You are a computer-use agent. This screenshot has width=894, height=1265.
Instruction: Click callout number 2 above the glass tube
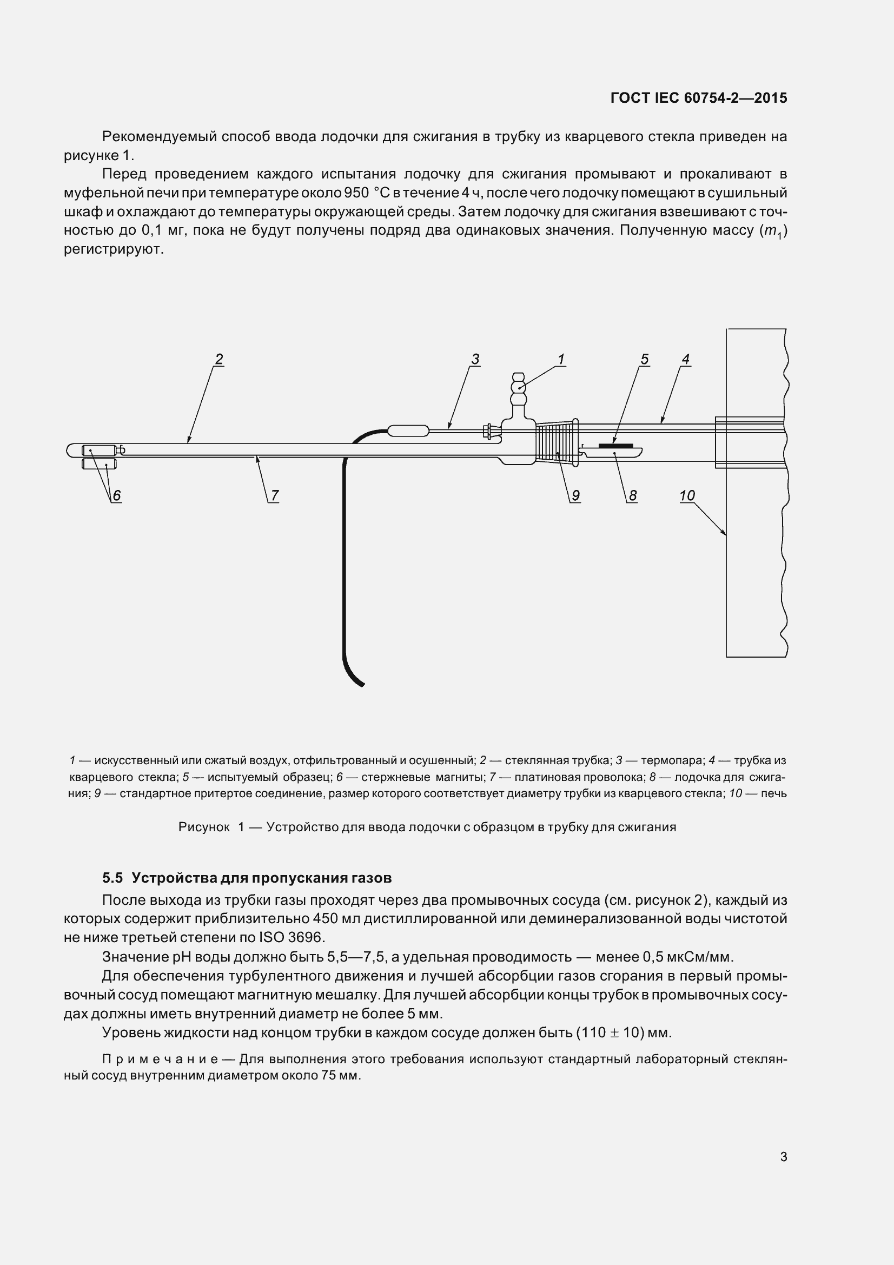coord(218,359)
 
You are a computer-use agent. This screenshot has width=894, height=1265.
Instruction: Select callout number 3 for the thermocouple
coord(475,359)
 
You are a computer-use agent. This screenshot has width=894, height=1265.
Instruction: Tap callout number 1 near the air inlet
coord(561,359)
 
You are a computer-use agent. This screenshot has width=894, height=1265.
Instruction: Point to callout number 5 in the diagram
coord(644,359)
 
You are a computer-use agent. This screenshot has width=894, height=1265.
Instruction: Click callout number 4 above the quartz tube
coord(685,359)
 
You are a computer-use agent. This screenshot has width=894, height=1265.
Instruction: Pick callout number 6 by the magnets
coord(116,495)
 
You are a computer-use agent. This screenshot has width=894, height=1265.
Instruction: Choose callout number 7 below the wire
coord(274,495)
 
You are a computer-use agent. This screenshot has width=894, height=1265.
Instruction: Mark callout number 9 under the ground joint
coord(575,495)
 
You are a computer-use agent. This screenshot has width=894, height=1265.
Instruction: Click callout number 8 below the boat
coord(632,495)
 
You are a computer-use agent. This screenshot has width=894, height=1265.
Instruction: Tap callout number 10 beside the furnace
coord(687,495)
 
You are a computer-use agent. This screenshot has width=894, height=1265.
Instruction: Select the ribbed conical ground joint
coord(554,444)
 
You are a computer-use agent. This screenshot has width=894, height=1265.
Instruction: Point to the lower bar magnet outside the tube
coord(99,464)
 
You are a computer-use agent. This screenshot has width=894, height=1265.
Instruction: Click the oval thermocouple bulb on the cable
coord(409,430)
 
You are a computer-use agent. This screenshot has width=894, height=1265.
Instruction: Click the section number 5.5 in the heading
coord(113,877)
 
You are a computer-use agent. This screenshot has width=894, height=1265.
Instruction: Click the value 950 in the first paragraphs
coord(356,193)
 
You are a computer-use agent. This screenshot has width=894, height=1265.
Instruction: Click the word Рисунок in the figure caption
coord(204,827)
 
